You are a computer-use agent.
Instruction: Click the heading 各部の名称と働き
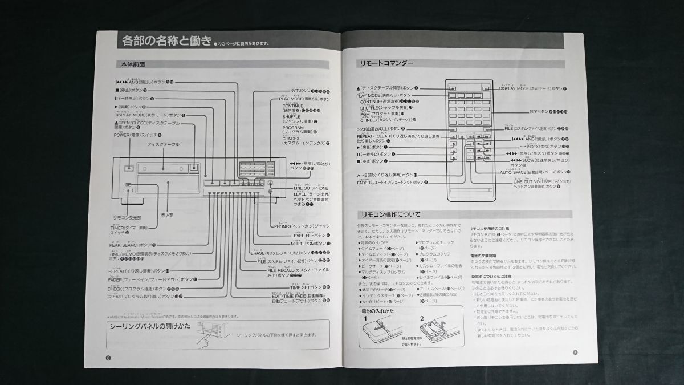(x=165, y=40)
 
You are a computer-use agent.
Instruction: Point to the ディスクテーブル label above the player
(x=163, y=144)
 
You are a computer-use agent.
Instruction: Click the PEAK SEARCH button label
(x=132, y=245)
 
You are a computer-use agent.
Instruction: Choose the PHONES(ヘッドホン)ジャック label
(x=302, y=226)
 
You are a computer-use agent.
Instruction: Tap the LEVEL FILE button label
(x=308, y=235)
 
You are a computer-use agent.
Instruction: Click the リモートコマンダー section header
(x=385, y=64)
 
